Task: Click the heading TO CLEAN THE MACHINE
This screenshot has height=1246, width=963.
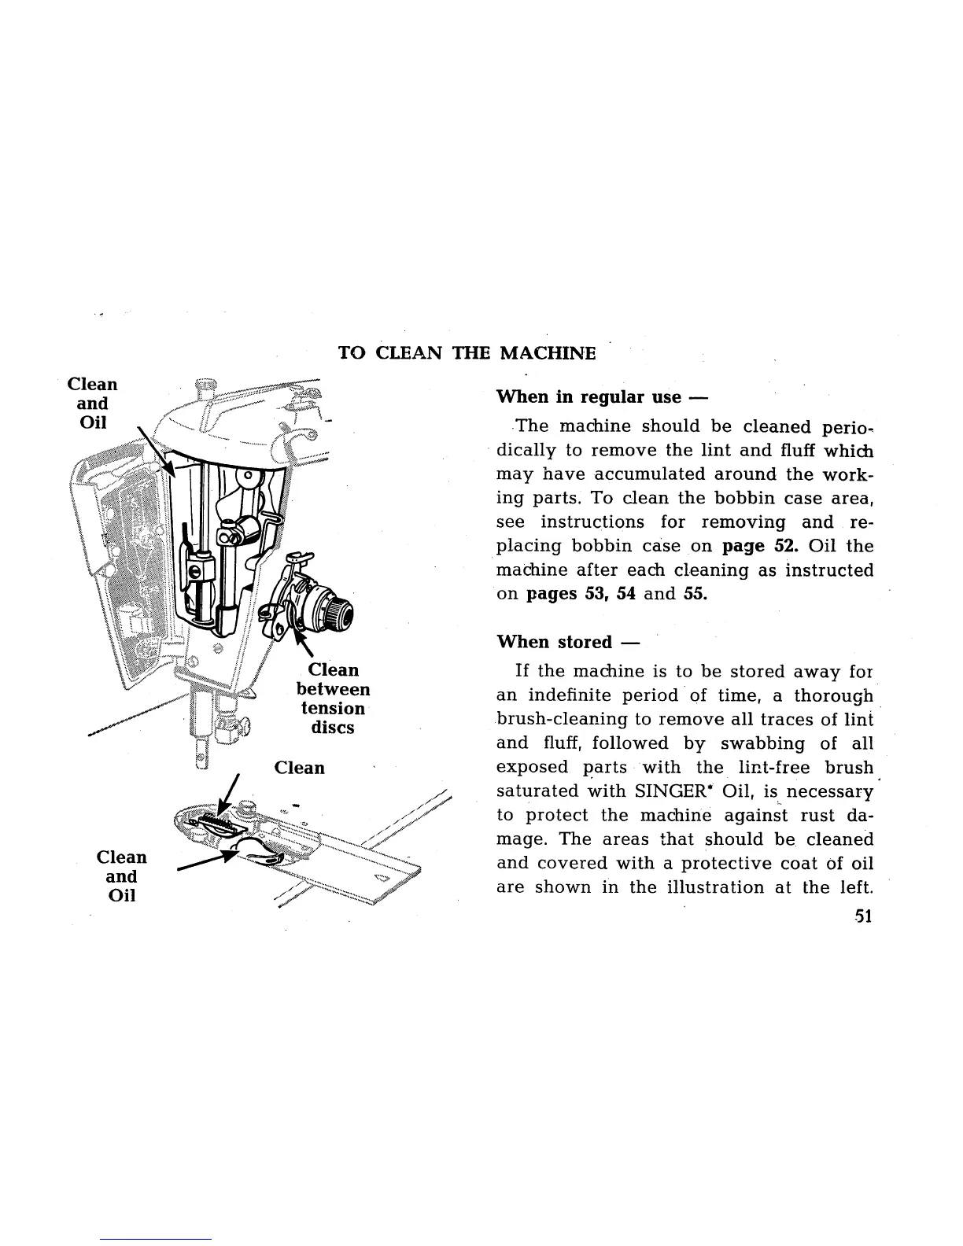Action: [x=467, y=352]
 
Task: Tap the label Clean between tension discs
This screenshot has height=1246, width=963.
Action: [x=333, y=699]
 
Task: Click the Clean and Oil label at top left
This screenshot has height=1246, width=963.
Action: [x=93, y=404]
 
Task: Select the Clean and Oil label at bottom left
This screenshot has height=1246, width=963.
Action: [x=121, y=876]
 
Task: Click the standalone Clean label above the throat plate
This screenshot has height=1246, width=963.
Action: [x=299, y=768]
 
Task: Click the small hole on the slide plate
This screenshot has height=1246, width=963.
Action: [x=382, y=878]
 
